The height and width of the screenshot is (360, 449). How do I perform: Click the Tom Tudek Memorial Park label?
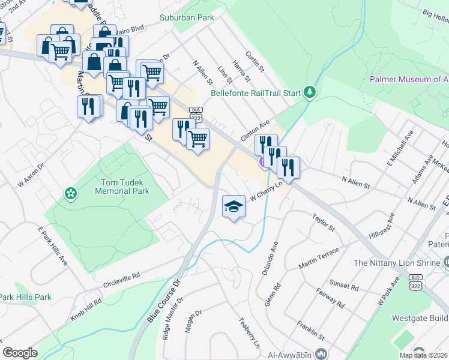pyautogui.click(x=122, y=186)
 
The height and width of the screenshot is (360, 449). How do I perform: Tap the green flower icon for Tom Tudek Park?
pyautogui.click(x=71, y=193)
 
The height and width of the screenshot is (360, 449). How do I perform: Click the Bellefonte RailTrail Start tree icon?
pyautogui.click(x=309, y=92)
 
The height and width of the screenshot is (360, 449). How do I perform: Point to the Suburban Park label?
pyautogui.click(x=187, y=17)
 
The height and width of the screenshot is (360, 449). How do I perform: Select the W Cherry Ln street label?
pyautogui.click(x=266, y=192)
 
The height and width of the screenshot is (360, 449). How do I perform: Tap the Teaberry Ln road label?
pyautogui.click(x=251, y=332)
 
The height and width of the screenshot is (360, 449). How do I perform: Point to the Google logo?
pyautogui.click(x=20, y=352)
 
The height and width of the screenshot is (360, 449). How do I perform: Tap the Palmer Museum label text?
pyautogui.click(x=408, y=79)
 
